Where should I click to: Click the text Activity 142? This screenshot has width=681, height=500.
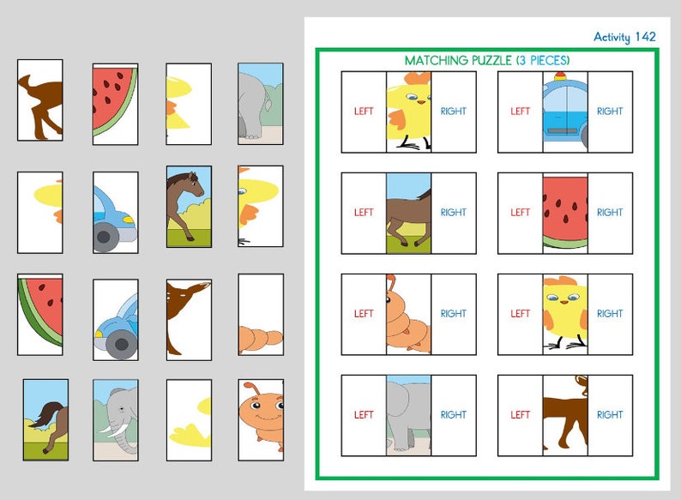click(x=624, y=37)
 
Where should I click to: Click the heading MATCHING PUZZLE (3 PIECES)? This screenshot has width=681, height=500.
click(x=486, y=60)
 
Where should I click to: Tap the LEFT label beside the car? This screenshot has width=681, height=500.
click(x=520, y=111)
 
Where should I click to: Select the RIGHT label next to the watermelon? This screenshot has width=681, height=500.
click(x=610, y=213)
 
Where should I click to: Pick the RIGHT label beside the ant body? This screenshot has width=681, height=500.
click(x=453, y=314)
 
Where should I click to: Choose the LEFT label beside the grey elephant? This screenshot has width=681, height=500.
click(x=364, y=415)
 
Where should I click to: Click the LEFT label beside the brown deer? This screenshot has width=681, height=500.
click(x=520, y=415)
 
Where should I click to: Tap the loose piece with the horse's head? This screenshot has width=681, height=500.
click(x=189, y=206)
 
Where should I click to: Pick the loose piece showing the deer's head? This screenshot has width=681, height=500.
click(x=189, y=316)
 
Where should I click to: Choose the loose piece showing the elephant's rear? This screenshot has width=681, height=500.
click(x=260, y=103)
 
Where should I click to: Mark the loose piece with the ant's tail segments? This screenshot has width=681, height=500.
click(x=260, y=314)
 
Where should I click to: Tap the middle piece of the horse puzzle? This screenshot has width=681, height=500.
click(x=408, y=213)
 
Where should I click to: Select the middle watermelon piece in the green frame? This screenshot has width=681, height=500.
click(x=564, y=213)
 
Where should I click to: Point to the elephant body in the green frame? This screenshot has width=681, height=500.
click(x=408, y=415)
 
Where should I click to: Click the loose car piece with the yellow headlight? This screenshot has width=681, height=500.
click(x=115, y=212)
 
